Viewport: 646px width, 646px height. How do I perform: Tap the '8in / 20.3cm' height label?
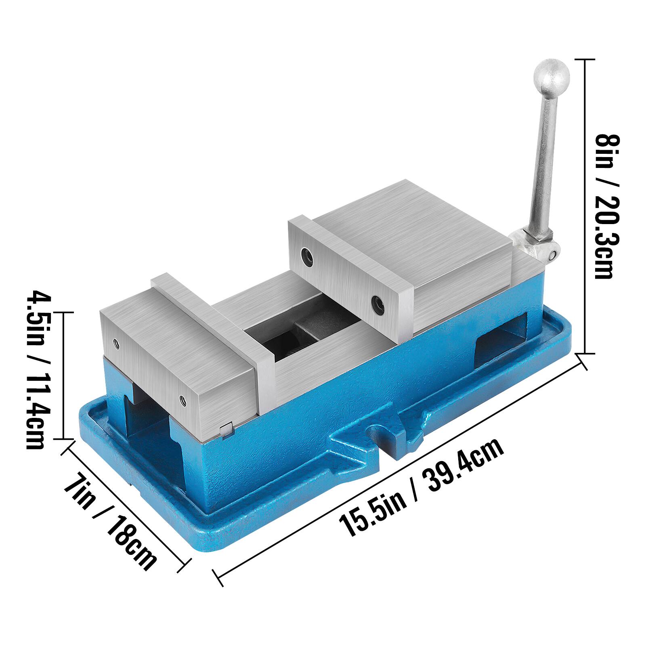[607, 206]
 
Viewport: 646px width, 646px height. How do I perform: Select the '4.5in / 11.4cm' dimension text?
[39, 369]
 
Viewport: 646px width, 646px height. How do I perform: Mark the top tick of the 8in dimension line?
[584, 59]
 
